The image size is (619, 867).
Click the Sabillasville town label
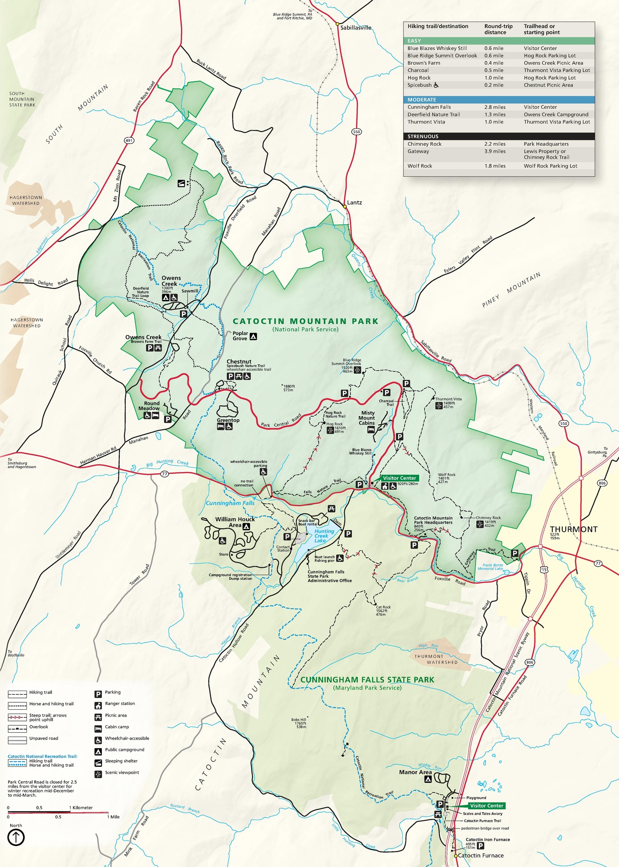pyautogui.click(x=355, y=28)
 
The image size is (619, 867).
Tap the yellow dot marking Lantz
pyautogui.click(x=345, y=206)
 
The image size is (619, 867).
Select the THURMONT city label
pyautogui.click(x=573, y=529)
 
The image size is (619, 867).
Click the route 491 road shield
pyautogui.click(x=129, y=140)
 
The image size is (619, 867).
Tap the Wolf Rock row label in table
pyautogui.click(x=419, y=166)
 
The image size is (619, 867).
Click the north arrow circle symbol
pyautogui.click(x=16, y=837)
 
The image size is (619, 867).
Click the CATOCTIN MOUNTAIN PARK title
pyautogui.click(x=305, y=321)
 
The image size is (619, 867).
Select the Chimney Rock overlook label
pyautogui.click(x=488, y=518)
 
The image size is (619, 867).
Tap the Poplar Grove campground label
pyautogui.click(x=240, y=336)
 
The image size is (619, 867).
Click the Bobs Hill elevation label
pyautogui.click(x=299, y=723)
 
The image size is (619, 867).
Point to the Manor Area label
pyautogui.click(x=415, y=772)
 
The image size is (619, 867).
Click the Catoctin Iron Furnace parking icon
pyautogui.click(x=480, y=846)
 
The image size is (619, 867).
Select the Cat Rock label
pyautogui.click(x=383, y=607)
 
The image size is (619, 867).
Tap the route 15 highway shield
pyautogui.click(x=544, y=570)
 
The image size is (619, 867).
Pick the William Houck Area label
pyautogui.click(x=235, y=522)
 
